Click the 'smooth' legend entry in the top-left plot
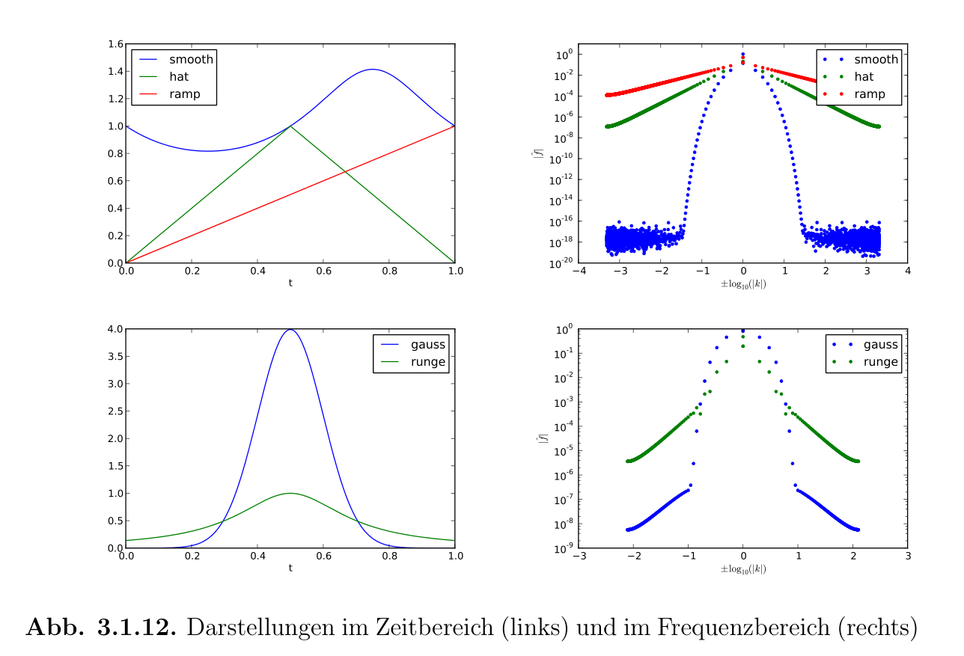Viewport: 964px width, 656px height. click(x=191, y=60)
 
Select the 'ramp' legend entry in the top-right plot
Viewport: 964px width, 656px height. click(x=870, y=94)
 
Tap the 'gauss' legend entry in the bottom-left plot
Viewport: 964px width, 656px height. click(x=427, y=345)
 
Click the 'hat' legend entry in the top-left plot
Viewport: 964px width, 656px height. click(x=178, y=78)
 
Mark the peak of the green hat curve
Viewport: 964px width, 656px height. click(x=290, y=126)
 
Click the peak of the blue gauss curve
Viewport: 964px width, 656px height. click(x=290, y=330)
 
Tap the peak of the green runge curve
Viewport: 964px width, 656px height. click(x=290, y=493)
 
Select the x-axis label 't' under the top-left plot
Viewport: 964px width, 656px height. click(x=290, y=283)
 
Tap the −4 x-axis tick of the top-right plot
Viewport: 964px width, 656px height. click(x=577, y=271)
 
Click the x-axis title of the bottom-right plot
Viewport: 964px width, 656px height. click(x=742, y=569)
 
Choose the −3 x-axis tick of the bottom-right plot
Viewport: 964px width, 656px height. click(x=577, y=557)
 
